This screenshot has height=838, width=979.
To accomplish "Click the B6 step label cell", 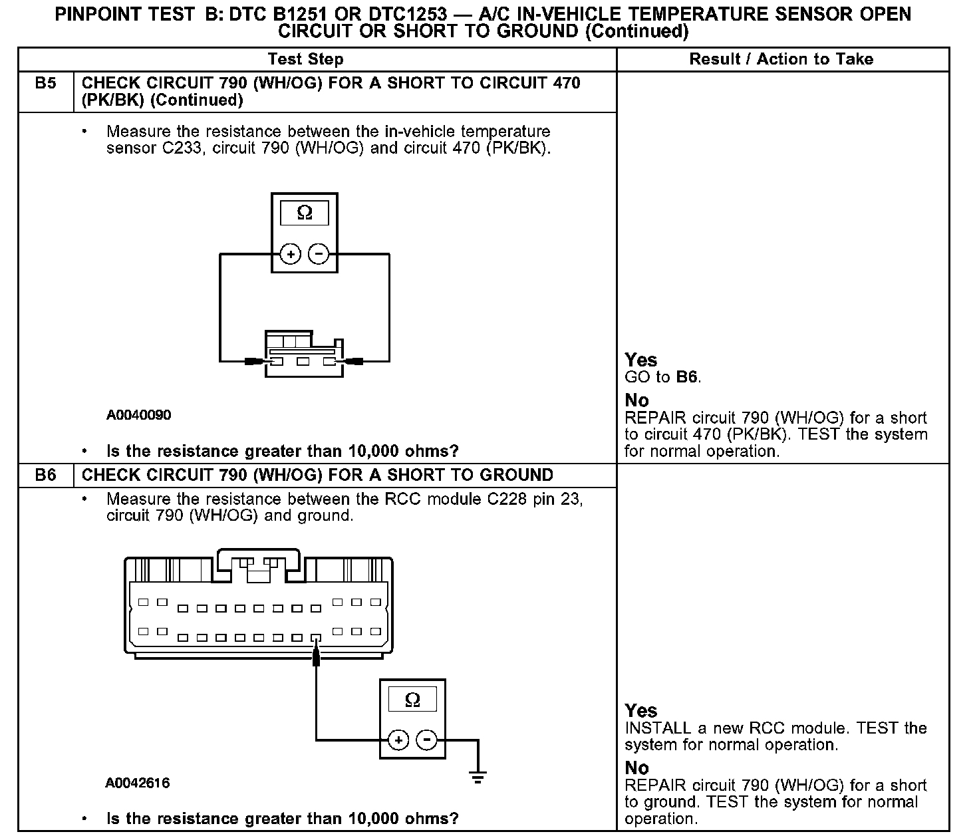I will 45,476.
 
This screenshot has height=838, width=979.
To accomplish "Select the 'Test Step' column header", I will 305,59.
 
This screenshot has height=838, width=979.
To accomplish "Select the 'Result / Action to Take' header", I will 781,59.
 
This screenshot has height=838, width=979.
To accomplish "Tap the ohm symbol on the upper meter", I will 305,213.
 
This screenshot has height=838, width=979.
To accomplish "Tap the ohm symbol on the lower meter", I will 412,700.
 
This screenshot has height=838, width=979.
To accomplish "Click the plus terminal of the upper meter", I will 291,254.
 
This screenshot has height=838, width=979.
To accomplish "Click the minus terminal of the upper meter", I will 319,254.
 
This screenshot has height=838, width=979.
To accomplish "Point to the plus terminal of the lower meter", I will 398,740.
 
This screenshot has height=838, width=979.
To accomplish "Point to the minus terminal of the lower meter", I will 426,740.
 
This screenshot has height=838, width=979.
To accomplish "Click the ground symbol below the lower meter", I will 477,775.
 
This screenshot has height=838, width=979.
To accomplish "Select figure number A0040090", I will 138,415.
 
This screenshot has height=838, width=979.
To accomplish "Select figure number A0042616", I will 138,783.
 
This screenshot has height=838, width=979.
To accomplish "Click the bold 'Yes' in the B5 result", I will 641,360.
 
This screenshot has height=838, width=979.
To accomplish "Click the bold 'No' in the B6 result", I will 636,768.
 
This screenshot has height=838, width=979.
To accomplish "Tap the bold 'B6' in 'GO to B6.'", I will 687,377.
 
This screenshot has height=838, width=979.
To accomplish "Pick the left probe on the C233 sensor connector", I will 255,362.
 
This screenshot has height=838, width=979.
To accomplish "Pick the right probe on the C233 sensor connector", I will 354,362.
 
